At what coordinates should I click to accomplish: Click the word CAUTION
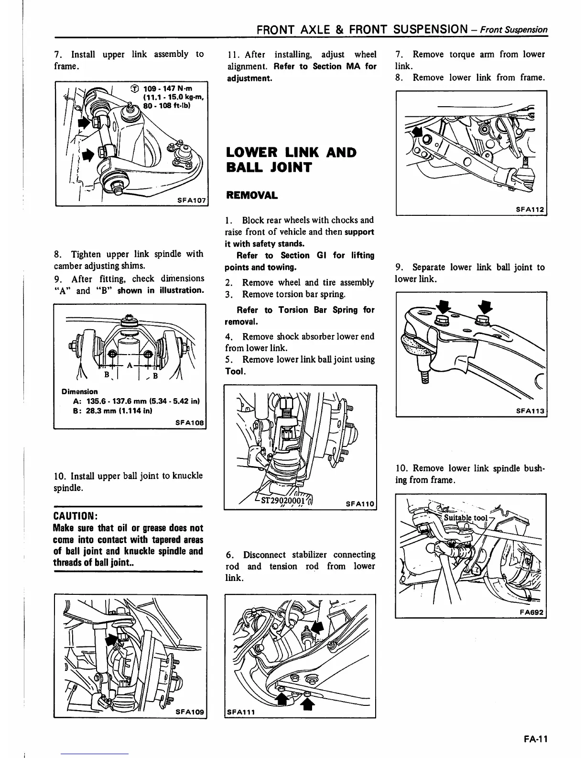coord(76,516)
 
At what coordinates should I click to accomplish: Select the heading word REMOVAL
coord(251,195)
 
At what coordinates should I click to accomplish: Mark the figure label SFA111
coord(242,712)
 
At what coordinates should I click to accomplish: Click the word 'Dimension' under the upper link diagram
coord(79,391)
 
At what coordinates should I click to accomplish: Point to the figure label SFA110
coord(359,503)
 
